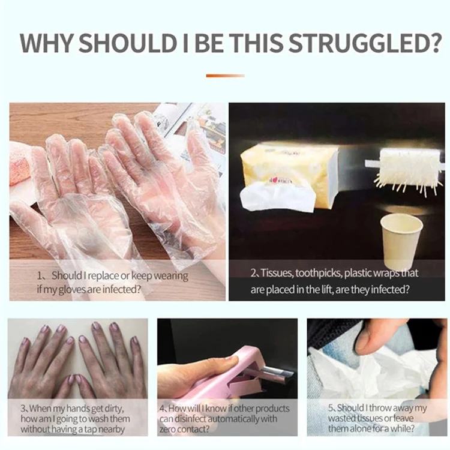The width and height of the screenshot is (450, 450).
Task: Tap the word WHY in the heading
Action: point(46,43)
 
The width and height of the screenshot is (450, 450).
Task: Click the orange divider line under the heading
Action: point(225,76)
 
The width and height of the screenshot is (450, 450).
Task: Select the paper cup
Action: point(401,241)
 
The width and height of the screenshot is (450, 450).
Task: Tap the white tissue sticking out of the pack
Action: point(278,197)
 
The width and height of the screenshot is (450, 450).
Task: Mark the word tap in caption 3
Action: point(95,430)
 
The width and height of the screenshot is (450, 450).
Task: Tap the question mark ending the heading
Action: point(434,43)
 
